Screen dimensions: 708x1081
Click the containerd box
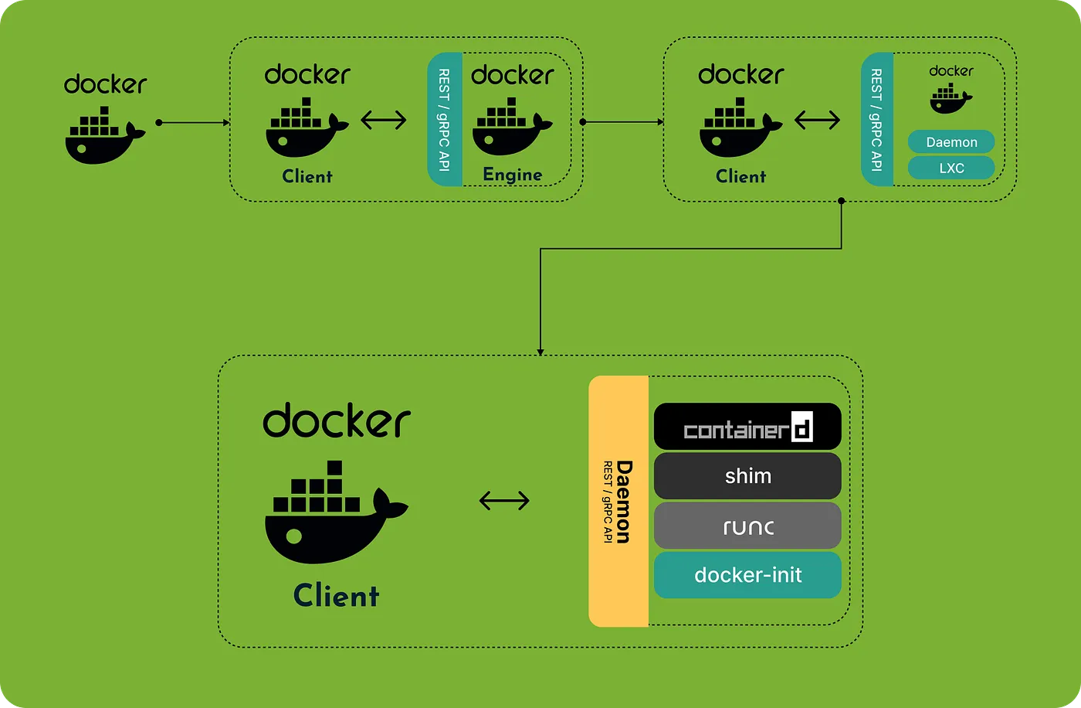tap(747, 426)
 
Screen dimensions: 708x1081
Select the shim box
tap(747, 475)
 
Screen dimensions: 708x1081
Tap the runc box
tap(747, 526)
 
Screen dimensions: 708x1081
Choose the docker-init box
tap(747, 575)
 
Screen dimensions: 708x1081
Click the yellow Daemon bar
tap(618, 501)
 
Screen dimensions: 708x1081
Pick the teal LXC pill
tap(951, 168)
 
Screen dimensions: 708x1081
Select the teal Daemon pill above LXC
tap(951, 142)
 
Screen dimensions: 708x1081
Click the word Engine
tap(512, 175)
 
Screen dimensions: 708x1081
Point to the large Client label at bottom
tap(337, 596)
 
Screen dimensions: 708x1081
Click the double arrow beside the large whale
tap(504, 501)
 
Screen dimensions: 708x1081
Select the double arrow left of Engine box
tap(384, 120)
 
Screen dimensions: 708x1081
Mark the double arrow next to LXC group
tap(817, 120)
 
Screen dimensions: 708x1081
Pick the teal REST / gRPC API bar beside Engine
tap(445, 120)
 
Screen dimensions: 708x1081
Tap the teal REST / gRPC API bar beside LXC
tap(877, 120)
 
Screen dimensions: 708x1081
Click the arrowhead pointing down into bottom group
tap(540, 350)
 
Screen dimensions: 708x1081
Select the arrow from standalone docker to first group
tap(193, 122)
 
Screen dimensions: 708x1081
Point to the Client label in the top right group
tap(740, 176)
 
